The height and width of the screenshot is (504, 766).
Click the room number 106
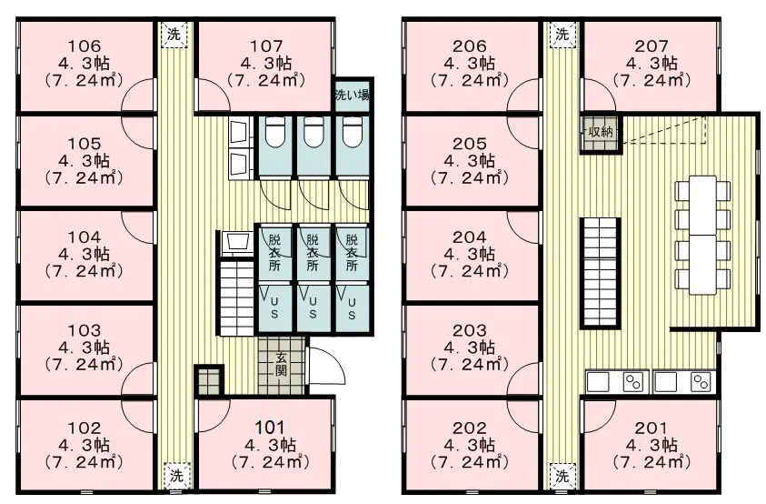(x=84, y=46)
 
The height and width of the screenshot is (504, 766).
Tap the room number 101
(x=270, y=428)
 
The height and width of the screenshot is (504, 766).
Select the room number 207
(x=652, y=46)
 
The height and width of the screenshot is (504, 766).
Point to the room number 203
(x=469, y=330)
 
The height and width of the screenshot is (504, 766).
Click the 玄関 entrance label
(x=281, y=364)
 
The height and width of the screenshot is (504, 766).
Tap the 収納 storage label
(x=601, y=131)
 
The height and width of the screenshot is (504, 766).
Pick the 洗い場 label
(x=353, y=95)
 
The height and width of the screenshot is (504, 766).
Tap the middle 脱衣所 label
(x=313, y=253)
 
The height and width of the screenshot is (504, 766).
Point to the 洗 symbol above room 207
(x=562, y=35)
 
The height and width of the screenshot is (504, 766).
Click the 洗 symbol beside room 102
(x=176, y=475)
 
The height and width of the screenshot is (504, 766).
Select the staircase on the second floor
(x=601, y=273)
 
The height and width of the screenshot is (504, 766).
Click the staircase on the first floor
(x=237, y=299)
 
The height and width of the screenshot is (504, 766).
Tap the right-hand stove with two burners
(x=701, y=382)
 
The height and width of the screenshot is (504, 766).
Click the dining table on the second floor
(x=703, y=235)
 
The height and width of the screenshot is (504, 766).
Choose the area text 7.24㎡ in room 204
(x=469, y=271)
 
